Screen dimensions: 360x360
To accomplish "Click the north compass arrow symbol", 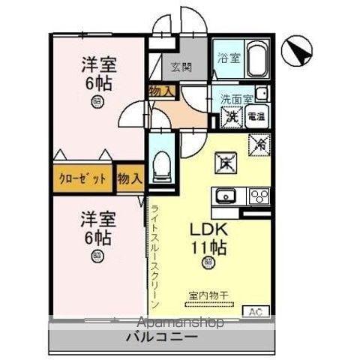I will [298, 50].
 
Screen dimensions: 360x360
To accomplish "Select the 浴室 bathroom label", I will [229, 58].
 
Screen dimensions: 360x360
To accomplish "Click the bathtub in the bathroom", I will [256, 57].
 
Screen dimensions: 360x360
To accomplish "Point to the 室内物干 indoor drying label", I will [206, 295].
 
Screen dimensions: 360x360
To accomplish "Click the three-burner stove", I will [259, 196].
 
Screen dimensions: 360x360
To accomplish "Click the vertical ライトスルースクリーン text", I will [154, 255].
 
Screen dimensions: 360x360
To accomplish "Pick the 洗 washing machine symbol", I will [230, 117].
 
